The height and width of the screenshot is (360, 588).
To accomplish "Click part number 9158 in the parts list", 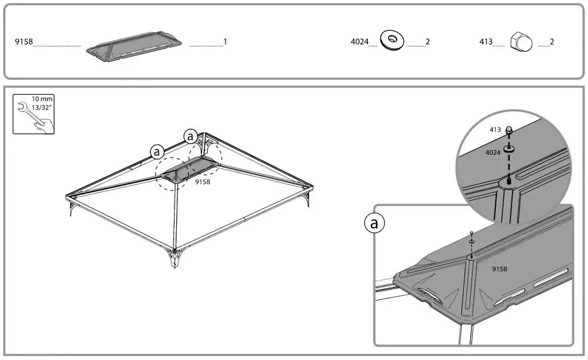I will [x=24, y=42].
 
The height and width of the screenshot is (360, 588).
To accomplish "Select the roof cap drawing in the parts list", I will [x=135, y=45].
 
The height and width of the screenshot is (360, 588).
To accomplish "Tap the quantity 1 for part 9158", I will [x=225, y=42].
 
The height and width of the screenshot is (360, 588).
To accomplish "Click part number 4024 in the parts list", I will [x=360, y=42].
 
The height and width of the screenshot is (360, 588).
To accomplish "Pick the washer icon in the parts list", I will [x=392, y=40].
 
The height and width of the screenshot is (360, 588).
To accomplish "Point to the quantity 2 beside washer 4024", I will [x=427, y=42].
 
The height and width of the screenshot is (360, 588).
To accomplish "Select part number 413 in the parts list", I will [x=485, y=42].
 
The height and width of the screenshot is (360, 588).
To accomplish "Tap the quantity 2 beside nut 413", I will [x=552, y=42].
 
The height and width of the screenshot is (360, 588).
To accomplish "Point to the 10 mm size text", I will [x=42, y=99].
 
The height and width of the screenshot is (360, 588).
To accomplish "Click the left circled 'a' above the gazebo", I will [x=157, y=151].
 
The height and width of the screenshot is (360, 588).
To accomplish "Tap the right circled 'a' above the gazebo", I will [x=190, y=136].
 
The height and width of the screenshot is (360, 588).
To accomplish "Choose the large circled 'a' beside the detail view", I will [x=375, y=224].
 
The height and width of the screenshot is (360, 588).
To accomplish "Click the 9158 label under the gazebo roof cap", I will [x=202, y=181].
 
